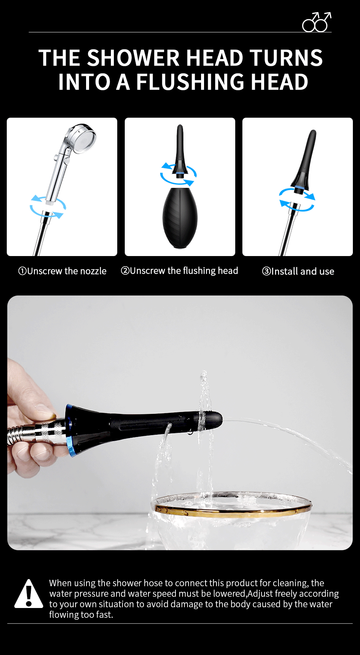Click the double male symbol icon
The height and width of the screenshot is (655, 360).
316,22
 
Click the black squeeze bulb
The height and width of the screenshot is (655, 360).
180,218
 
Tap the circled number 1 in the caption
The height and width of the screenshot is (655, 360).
22,271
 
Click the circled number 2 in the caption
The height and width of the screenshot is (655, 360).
125,271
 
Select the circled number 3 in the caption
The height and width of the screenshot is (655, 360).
266,271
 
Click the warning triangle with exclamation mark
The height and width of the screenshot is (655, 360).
29,594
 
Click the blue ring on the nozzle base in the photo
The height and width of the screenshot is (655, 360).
71,431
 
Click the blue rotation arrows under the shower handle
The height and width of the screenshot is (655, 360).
48,206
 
